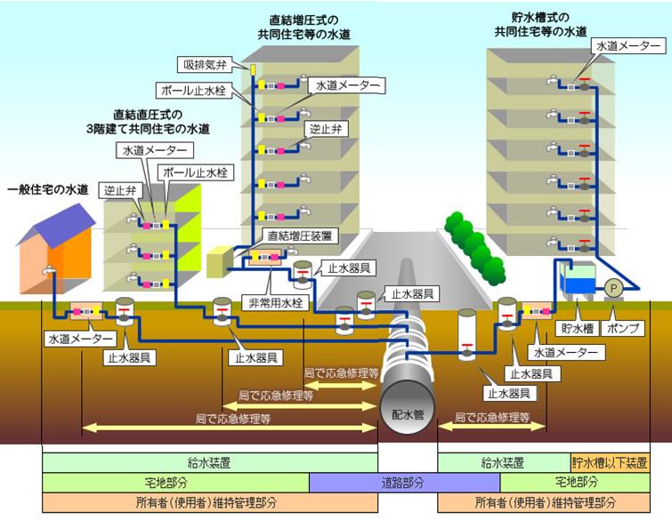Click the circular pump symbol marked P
(613, 288)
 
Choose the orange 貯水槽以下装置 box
(611, 462)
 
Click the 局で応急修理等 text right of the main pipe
(492, 416)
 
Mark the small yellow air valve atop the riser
(253, 69)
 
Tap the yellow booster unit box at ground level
(219, 260)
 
